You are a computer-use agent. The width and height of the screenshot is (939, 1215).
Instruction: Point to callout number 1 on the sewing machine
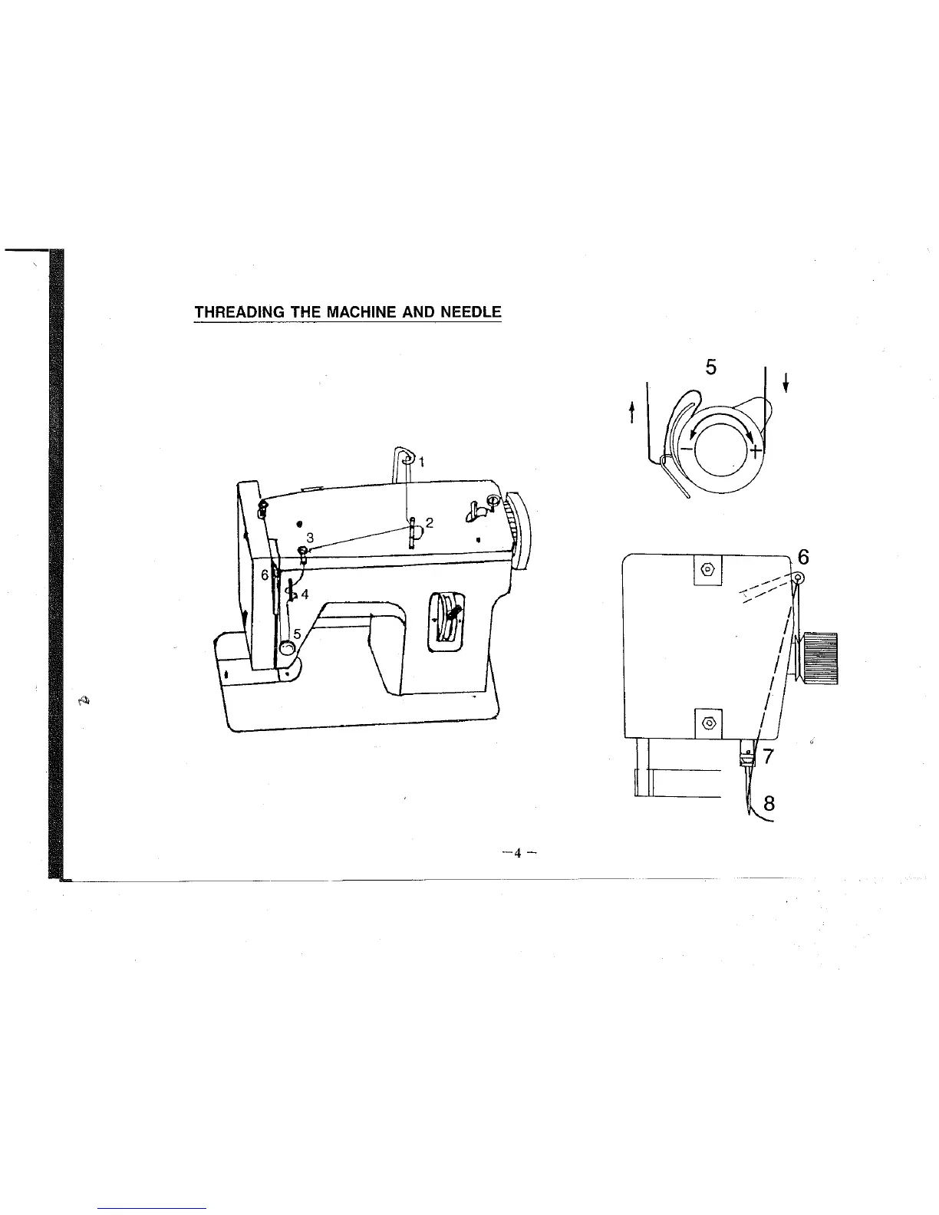[422, 461]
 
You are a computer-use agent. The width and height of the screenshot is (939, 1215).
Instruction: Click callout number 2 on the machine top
[430, 523]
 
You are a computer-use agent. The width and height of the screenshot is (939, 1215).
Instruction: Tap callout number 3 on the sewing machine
[309, 537]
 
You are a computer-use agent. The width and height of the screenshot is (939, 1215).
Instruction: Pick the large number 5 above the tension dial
[710, 367]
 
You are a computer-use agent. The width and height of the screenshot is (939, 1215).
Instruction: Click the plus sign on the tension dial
[756, 450]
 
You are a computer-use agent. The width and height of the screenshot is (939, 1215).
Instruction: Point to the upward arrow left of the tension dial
[631, 414]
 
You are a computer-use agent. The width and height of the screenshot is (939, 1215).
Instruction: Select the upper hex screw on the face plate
[708, 570]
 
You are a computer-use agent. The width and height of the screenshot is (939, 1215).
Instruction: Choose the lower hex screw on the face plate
[708, 723]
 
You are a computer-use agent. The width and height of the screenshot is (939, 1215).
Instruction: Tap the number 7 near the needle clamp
[769, 756]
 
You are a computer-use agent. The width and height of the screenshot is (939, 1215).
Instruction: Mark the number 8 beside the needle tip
[769, 804]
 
